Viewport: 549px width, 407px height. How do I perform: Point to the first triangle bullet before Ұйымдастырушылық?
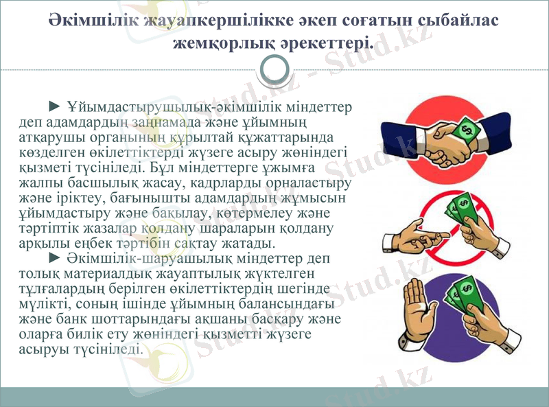point(56,106)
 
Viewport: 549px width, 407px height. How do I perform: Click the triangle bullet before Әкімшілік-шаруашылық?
point(56,258)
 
